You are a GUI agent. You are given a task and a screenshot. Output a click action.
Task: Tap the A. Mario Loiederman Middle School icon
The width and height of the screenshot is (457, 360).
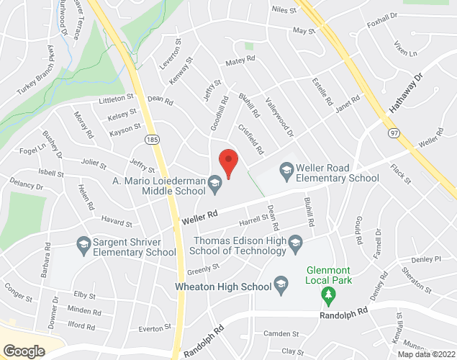(x=214, y=186)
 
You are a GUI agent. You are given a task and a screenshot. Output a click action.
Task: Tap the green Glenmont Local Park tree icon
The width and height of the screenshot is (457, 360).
(x=328, y=294)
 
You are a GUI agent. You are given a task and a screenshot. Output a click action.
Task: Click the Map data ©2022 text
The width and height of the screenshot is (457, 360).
(x=426, y=354)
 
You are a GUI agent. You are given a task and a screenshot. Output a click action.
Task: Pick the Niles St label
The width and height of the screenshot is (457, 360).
(x=284, y=10)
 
